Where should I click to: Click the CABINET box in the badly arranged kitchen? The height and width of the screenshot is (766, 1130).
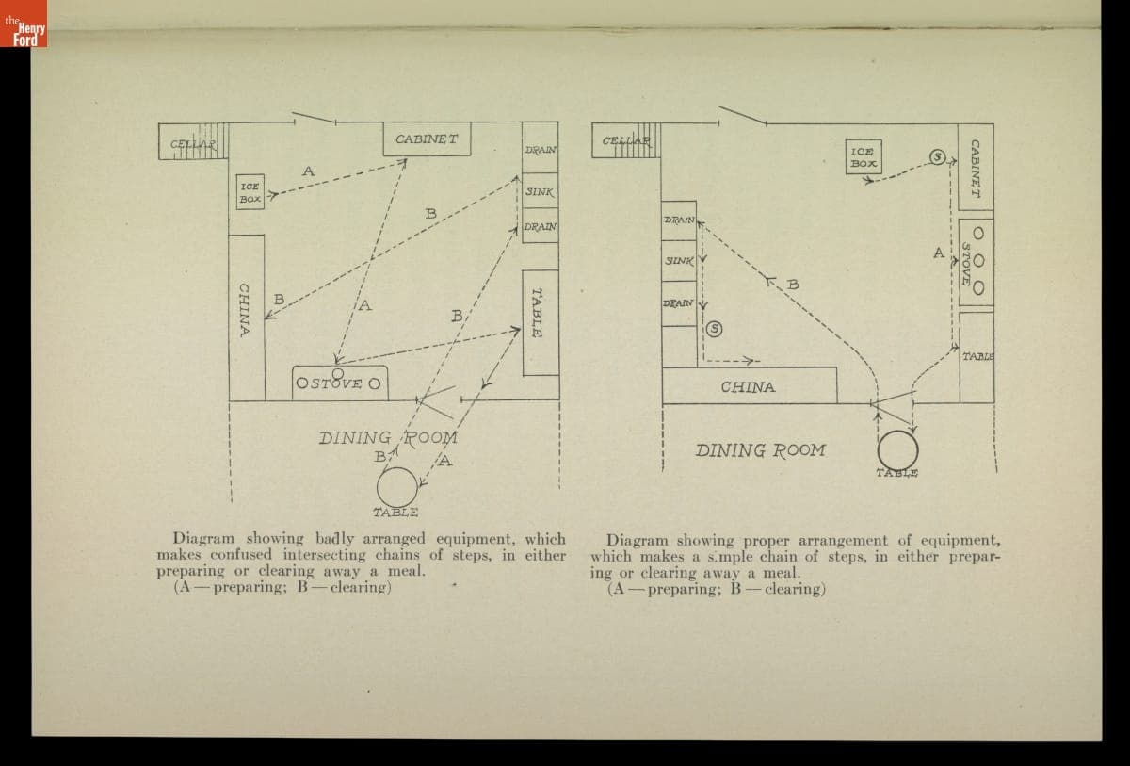427,139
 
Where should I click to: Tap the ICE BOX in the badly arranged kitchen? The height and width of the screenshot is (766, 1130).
250,192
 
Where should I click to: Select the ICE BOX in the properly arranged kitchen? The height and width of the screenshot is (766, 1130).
863,156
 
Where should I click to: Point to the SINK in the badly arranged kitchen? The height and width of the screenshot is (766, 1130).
540,191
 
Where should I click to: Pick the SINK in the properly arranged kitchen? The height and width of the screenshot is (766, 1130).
678,259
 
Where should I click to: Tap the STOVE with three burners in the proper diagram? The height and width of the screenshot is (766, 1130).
977,261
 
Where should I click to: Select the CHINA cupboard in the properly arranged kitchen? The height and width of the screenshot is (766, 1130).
749,385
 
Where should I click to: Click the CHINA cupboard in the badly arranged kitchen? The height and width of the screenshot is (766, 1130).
247,311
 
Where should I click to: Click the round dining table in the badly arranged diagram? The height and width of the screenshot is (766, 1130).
397,487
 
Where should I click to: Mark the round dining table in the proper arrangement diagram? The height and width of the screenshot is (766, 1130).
897,448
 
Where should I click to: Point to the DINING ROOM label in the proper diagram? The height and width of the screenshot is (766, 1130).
760,450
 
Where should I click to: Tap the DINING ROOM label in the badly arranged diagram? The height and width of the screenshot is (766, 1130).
388,438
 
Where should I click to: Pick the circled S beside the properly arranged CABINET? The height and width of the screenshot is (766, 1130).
937,156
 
